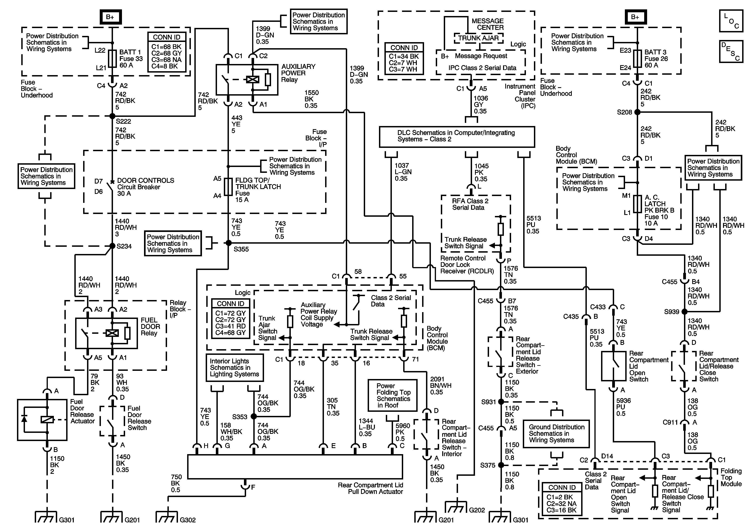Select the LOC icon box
click(x=731, y=21)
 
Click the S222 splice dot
click(x=112, y=116)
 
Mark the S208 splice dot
click(x=638, y=112)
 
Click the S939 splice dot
click(x=685, y=311)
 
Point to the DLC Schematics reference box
click(x=457, y=137)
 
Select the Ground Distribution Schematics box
click(x=557, y=434)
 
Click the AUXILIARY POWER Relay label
click(x=298, y=73)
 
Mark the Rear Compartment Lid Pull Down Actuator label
click(x=370, y=488)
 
